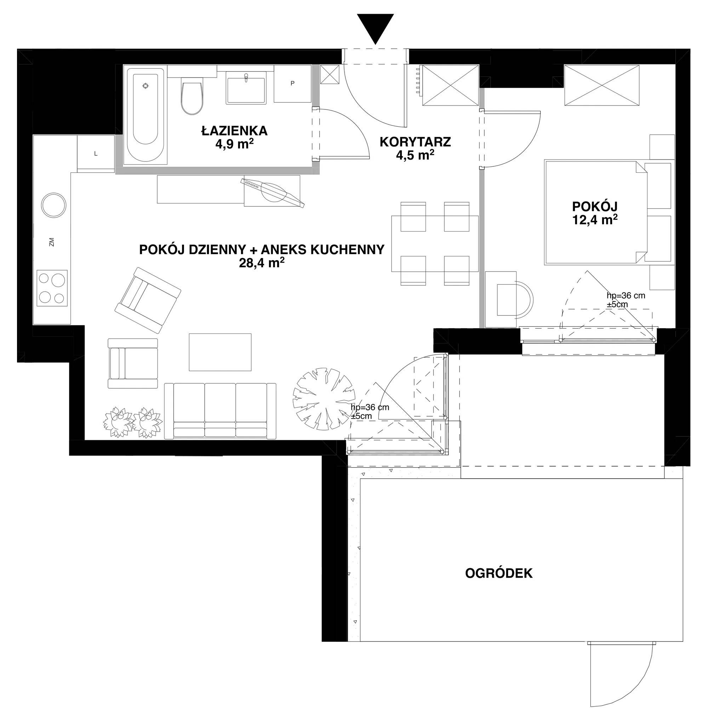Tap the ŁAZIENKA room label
tap(235, 131)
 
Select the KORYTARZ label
tap(415, 142)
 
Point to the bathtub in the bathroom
tap(145, 114)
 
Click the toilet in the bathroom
tap(192, 96)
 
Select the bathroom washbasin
tap(246, 88)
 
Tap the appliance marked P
tap(292, 84)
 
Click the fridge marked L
tap(96, 153)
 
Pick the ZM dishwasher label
tap(52, 242)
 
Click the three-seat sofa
tap(220, 411)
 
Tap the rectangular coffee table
tap(220, 352)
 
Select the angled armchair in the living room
tap(148, 300)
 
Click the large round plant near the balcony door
tap(324, 399)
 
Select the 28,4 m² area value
tap(262, 262)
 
